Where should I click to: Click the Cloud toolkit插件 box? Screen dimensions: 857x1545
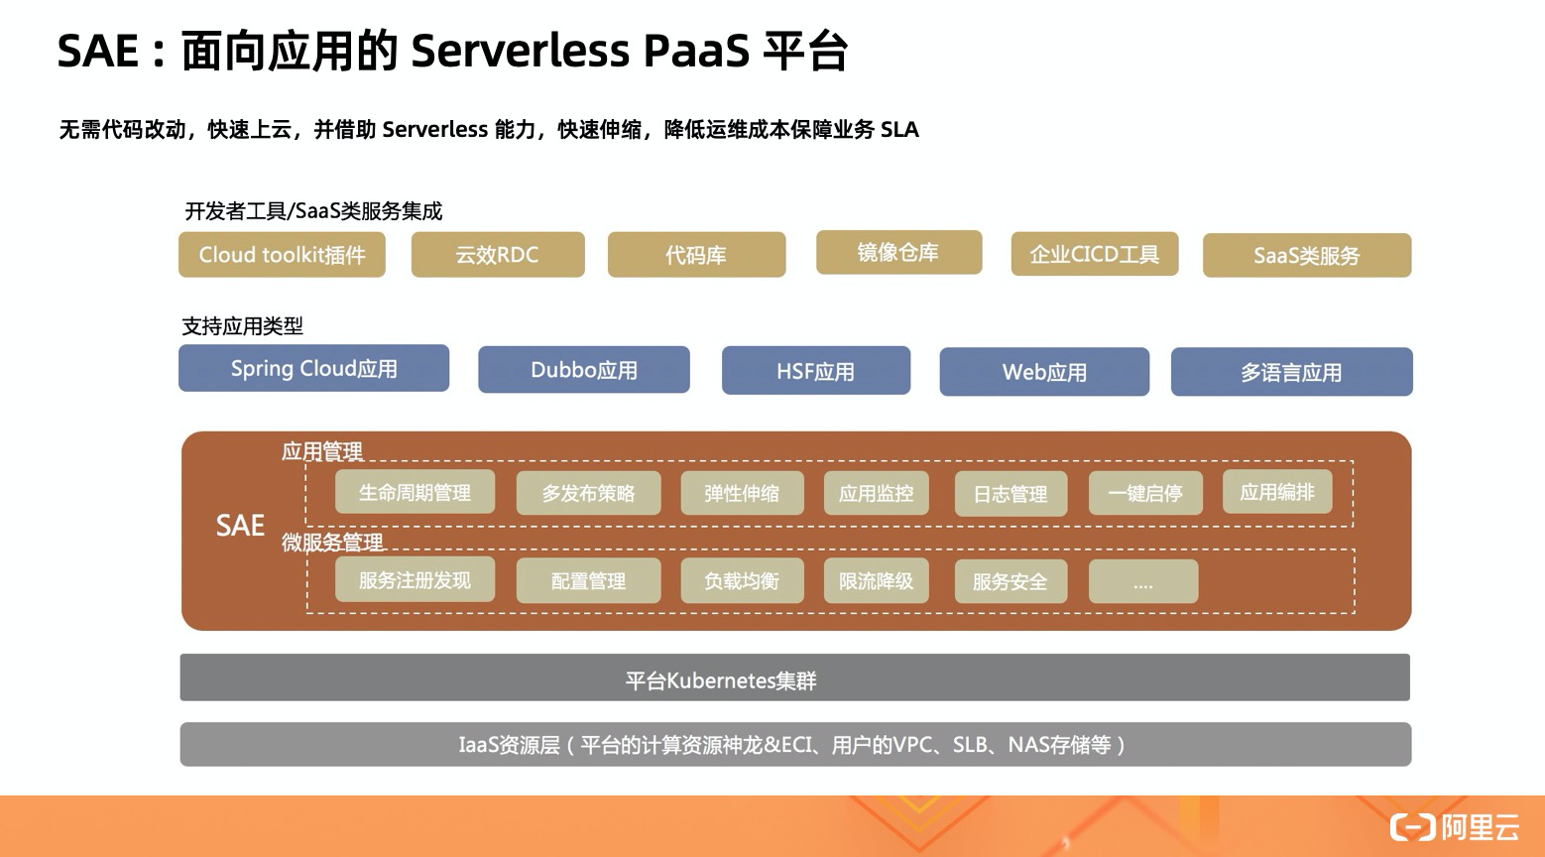coord(282,255)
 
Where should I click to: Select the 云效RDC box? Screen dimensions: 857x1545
coord(497,255)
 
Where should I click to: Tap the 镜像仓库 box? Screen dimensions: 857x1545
coord(898,253)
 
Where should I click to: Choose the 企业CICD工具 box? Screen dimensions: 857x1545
coord(1094,254)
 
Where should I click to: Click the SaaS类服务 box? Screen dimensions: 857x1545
coord(1306,256)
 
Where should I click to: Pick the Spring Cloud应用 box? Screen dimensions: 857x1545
coord(313,368)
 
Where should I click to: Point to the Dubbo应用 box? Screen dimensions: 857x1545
coord(583,370)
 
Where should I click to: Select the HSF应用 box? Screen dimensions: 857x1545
coord(815,371)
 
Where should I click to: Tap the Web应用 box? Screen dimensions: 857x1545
coord(1044,372)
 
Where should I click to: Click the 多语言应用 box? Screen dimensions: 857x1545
coord(1291,372)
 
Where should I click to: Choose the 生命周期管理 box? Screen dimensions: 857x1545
coord(415,493)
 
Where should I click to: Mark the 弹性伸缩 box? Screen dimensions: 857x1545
coord(742,493)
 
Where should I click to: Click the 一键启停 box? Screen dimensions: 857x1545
coord(1145,493)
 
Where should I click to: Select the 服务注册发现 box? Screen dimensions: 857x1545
coord(415,580)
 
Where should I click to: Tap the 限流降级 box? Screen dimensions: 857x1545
coord(876,581)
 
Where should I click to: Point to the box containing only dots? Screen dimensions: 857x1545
coord(1142,582)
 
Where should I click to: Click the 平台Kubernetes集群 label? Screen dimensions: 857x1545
coord(721,680)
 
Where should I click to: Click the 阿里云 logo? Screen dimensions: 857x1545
coord(1455,826)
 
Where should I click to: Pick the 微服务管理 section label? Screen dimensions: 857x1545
coord(332,543)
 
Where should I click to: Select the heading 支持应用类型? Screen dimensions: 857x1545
coord(243,325)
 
